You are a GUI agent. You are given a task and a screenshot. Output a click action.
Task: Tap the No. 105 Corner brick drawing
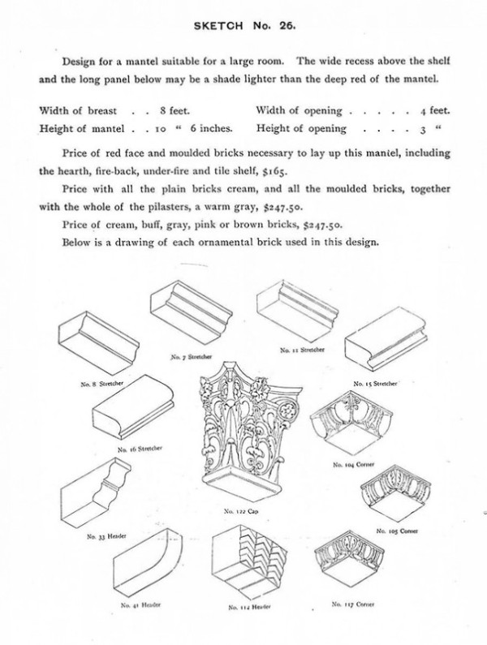(x=397, y=496)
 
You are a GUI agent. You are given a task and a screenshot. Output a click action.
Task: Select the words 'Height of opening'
(x=302, y=128)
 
